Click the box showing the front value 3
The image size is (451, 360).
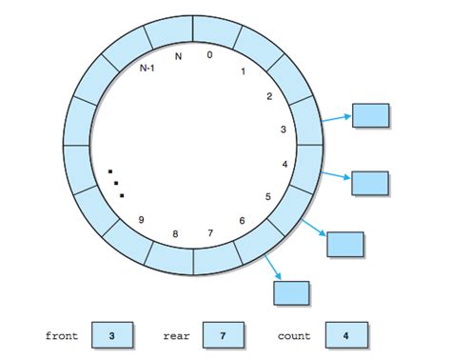[112, 335]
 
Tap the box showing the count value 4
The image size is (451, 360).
[344, 335]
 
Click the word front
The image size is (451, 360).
[62, 336]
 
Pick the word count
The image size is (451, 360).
[294, 336]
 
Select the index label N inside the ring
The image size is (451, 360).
[178, 55]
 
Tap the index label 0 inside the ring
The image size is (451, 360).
[209, 55]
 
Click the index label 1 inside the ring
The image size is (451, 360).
[244, 70]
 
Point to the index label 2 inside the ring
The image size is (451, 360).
[269, 96]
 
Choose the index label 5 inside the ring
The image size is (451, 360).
[268, 197]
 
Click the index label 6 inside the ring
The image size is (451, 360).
[242, 221]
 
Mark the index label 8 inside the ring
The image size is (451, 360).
[174, 234]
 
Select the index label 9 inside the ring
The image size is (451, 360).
[141, 221]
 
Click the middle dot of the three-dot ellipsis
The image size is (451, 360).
[116, 183]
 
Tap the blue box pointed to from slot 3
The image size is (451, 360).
[371, 115]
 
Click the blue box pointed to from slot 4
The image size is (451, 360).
[370, 183]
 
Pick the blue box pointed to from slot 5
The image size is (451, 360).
[344, 244]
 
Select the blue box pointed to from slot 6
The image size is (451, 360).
[292, 292]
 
